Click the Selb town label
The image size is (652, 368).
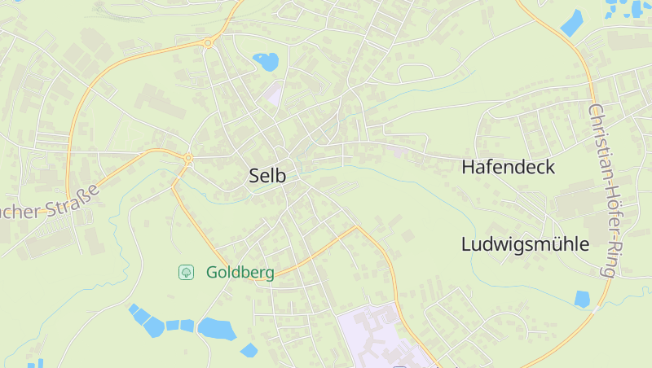[267, 175]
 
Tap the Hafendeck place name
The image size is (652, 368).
[508, 168]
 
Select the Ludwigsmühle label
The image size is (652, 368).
[525, 244]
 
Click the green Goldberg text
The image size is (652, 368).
[240, 273]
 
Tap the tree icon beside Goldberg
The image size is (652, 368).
[187, 272]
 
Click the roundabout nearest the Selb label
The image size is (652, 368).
[188, 157]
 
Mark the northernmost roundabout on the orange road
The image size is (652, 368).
[209, 42]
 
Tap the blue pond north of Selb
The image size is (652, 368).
[266, 60]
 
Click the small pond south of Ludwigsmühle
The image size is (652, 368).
[582, 299]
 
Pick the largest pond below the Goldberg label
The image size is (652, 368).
[217, 328]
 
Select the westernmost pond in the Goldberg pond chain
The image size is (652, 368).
[134, 309]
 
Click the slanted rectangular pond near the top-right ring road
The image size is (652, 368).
[572, 22]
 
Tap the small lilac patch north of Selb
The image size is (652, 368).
[274, 94]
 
